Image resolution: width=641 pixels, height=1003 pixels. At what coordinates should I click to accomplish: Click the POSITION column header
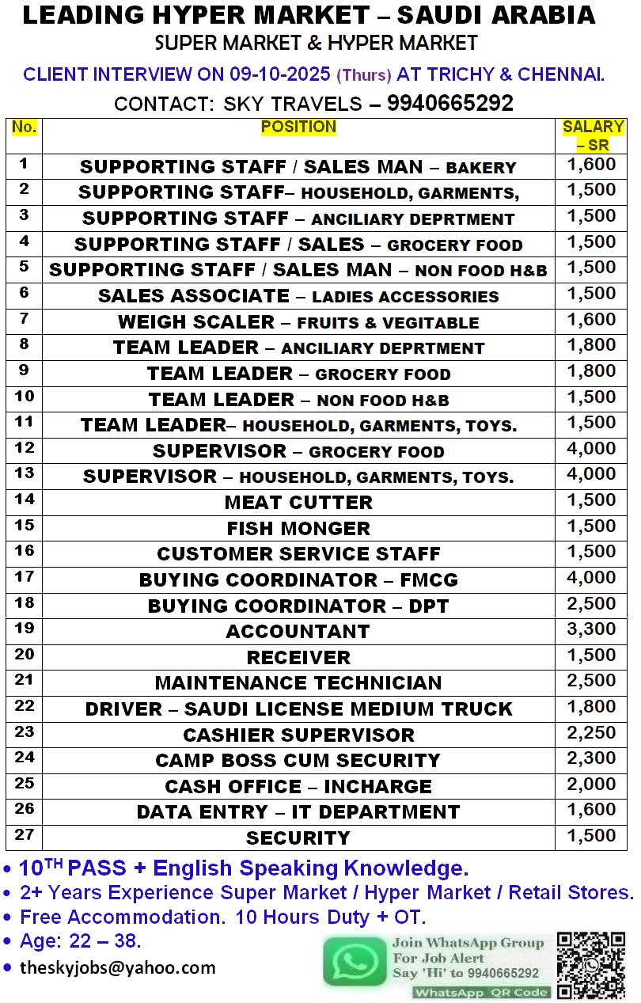(298, 127)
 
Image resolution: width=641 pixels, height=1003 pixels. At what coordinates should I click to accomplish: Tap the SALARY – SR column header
(593, 135)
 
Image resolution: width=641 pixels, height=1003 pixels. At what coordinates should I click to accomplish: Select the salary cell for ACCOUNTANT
(591, 629)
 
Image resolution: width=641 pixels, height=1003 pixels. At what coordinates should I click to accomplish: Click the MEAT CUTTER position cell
(298, 503)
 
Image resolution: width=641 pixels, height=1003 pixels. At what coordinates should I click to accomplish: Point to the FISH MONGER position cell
(298, 528)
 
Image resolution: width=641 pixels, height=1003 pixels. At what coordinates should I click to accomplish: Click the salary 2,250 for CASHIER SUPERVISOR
(591, 733)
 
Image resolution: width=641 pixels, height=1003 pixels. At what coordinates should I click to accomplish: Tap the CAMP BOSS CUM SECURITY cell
(298, 761)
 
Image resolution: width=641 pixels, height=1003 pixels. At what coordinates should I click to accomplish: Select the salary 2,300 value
(591, 758)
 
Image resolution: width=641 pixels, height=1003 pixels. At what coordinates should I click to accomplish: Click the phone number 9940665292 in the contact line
(450, 103)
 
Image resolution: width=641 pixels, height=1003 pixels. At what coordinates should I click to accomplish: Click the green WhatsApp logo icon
(355, 961)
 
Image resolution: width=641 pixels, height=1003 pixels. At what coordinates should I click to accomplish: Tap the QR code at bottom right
(591, 964)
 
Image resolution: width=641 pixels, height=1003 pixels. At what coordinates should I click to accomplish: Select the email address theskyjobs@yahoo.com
(117, 967)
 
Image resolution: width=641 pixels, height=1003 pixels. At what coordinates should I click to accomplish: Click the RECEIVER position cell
(298, 657)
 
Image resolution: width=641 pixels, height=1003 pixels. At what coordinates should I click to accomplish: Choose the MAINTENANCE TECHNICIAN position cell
(298, 683)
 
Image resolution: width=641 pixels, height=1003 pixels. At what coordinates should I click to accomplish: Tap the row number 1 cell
(25, 164)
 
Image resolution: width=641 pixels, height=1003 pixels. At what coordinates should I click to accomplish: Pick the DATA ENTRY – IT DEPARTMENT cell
(298, 812)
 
